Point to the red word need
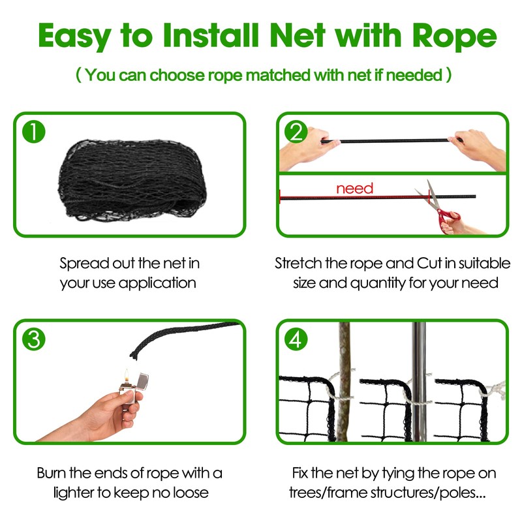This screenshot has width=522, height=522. pyautogui.click(x=354, y=189)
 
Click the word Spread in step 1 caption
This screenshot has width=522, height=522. pyautogui.click(x=82, y=264)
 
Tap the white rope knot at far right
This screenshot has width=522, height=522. pyautogui.click(x=498, y=390)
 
